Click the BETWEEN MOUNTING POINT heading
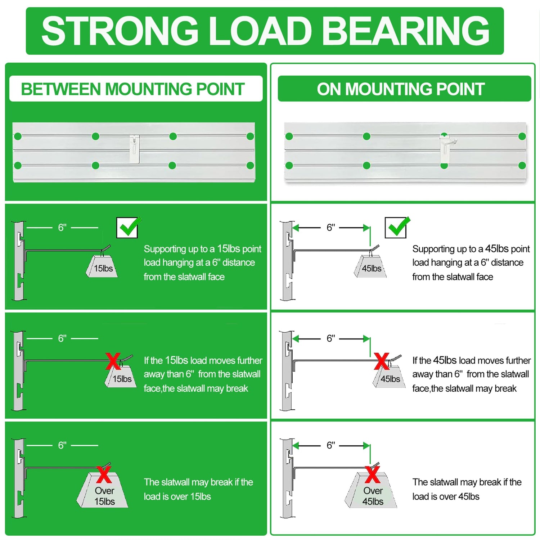(133, 89)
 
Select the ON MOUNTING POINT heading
(401, 89)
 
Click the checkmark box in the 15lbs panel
(127, 228)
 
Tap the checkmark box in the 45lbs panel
(396, 228)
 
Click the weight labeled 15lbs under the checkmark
(103, 267)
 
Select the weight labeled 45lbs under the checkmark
(371, 267)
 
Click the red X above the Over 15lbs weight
(104, 474)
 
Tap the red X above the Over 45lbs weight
(372, 474)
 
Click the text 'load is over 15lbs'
(177, 496)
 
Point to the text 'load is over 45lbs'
(446, 496)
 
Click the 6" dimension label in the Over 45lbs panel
(330, 445)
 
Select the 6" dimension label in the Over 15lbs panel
(62, 445)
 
